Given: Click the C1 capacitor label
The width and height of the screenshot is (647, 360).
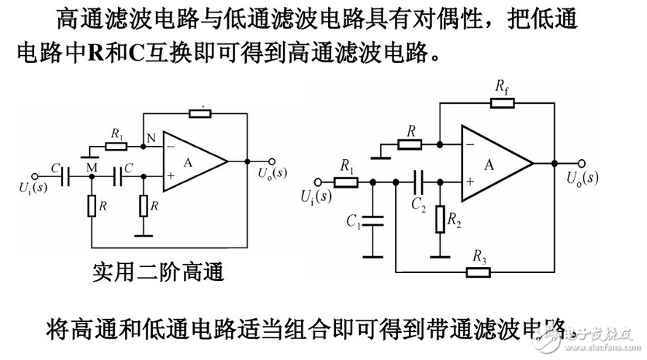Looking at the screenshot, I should tap(352, 221).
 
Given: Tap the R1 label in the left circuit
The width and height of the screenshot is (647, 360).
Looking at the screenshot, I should tap(117, 133).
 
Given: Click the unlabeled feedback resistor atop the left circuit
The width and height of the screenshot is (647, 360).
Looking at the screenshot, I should tap(199, 113).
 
